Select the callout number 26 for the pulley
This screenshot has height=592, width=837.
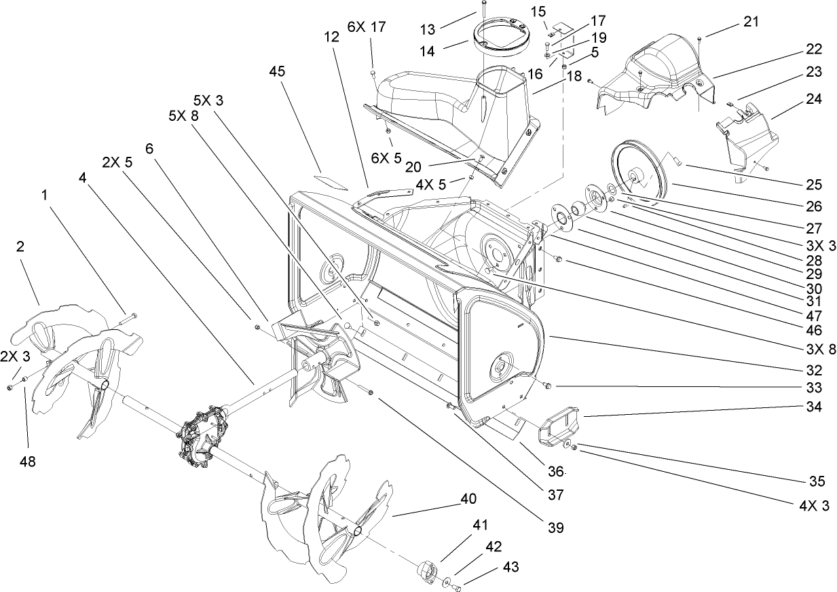click(813, 206)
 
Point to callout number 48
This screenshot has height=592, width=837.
click(27, 462)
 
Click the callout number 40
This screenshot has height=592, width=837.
click(468, 498)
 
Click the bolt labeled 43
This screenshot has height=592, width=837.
click(457, 587)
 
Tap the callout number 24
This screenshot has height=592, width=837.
click(815, 99)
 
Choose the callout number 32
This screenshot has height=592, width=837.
click(813, 371)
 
